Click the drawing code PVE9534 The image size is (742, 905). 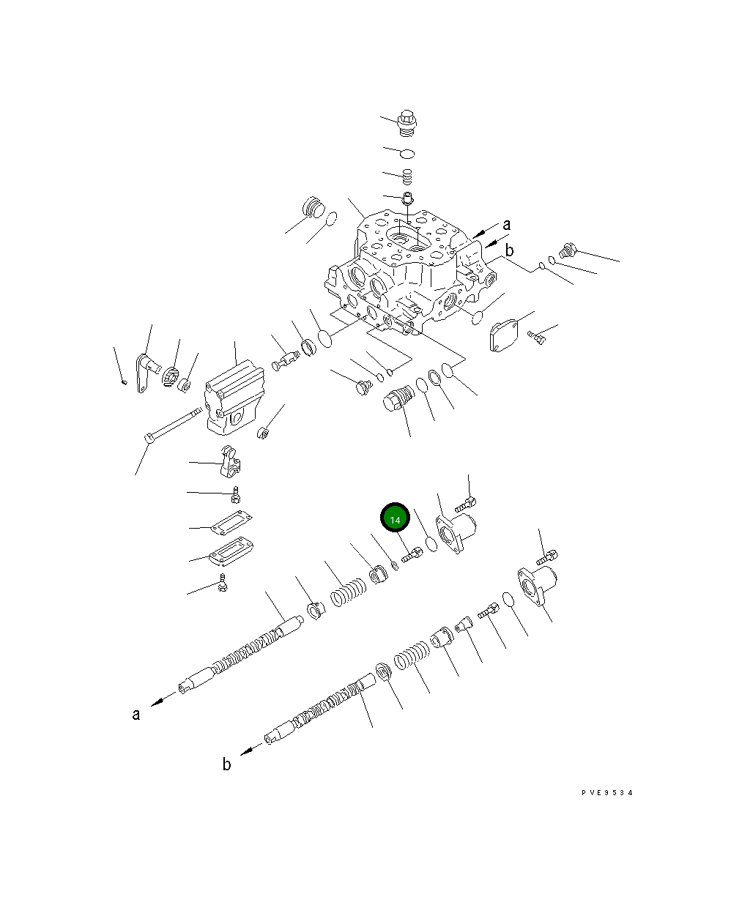tap(607, 793)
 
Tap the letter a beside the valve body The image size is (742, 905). tap(507, 225)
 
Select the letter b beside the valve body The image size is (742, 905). tap(509, 250)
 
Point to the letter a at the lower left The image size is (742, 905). tap(136, 715)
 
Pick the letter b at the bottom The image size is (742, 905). tap(227, 764)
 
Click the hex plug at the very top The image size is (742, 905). tap(407, 123)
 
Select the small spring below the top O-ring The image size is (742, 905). tap(407, 176)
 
